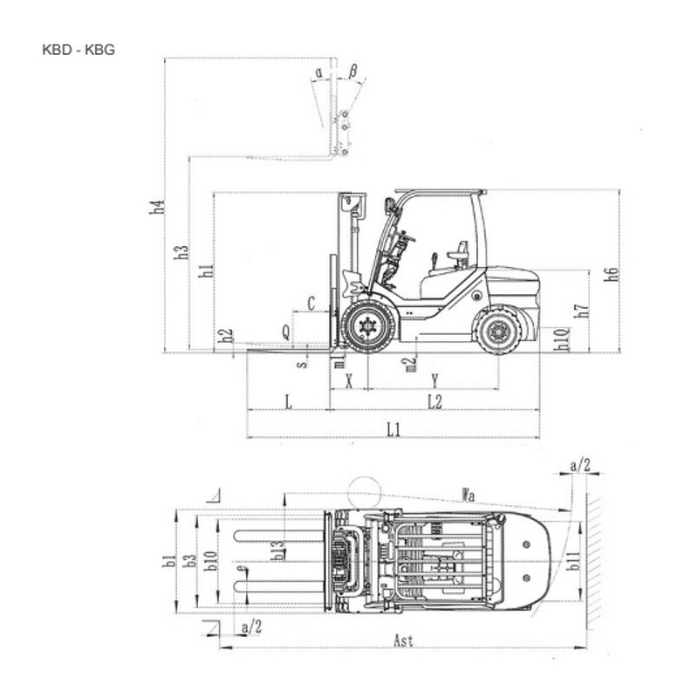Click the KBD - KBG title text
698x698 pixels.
[x=79, y=50]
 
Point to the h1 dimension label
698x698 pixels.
[x=206, y=270]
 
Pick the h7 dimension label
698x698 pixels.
[x=582, y=311]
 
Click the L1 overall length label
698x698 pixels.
[x=393, y=428]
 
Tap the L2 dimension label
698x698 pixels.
[x=434, y=401]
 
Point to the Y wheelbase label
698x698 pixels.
[x=434, y=380]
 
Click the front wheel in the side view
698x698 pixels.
[x=368, y=326]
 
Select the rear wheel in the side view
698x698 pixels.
[x=498, y=331]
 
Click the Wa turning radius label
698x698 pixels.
[x=470, y=496]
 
